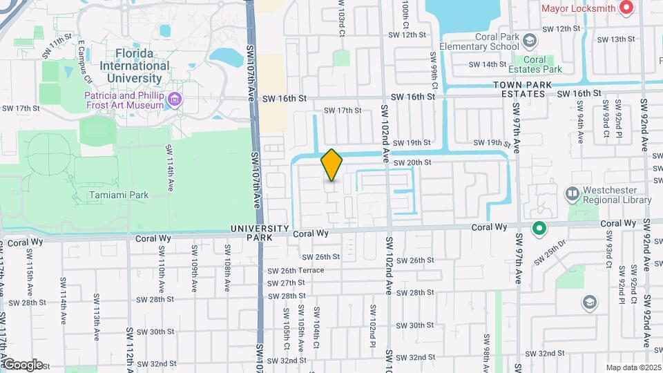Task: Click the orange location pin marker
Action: [x=332, y=165]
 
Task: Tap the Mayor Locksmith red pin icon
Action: [x=626, y=8]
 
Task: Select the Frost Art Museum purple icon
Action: [x=175, y=101]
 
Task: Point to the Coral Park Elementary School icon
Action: [x=530, y=41]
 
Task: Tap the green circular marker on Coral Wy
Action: [x=539, y=227]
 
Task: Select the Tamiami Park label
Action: [x=119, y=195]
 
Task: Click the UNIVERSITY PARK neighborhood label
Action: [x=259, y=232]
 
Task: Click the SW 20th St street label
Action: [x=412, y=162]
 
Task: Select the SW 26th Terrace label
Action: [x=296, y=270]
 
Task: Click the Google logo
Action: [x=22, y=364]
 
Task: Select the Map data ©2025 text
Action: [x=633, y=367]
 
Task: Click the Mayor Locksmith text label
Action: [x=579, y=8]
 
